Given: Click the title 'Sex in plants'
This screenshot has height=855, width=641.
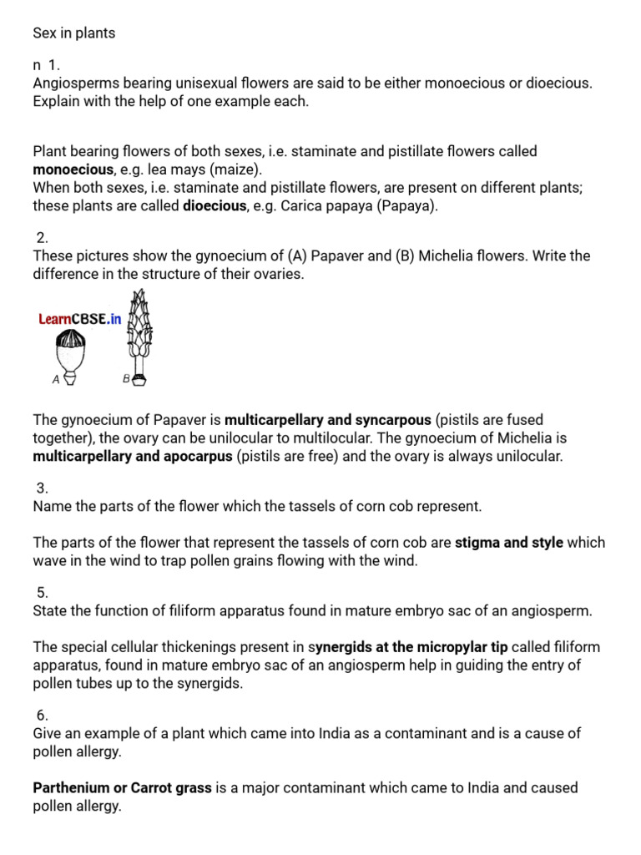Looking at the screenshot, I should pyautogui.click(x=74, y=33).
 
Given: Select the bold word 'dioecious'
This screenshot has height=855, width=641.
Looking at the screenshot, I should pyautogui.click(x=215, y=205).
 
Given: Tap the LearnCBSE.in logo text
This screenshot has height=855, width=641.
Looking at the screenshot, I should pyautogui.click(x=80, y=319).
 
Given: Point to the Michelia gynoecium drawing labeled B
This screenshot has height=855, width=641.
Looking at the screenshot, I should pyautogui.click(x=139, y=334).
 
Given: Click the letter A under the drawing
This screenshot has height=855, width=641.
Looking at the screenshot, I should pyautogui.click(x=56, y=379).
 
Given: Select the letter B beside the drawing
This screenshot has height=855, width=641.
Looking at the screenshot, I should pyautogui.click(x=126, y=378).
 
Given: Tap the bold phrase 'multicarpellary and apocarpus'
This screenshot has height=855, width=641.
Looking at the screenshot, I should pyautogui.click(x=133, y=456).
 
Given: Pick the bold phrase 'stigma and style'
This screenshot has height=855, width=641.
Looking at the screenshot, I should pyautogui.click(x=508, y=543).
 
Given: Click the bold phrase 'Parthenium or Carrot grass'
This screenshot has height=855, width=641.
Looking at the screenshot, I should pyautogui.click(x=122, y=787).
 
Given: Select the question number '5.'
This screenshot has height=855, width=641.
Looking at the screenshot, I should pyautogui.click(x=42, y=593).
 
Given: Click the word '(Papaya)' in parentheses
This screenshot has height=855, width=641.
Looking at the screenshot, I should pyautogui.click(x=406, y=205).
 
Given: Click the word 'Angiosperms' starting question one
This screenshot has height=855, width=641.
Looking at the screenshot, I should pyautogui.click(x=73, y=83).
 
